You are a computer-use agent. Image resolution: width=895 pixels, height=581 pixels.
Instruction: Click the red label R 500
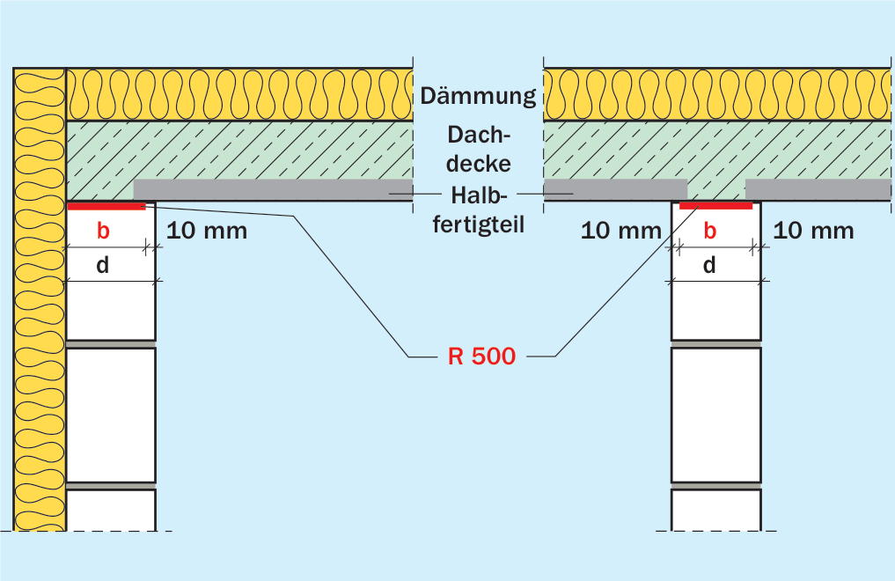481,357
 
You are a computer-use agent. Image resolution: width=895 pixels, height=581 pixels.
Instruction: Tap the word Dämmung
479,95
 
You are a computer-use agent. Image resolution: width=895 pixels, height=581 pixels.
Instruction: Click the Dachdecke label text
479,149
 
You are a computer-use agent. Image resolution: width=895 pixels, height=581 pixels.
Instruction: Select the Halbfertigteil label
479,210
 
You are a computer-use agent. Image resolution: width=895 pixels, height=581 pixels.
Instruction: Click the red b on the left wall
103,231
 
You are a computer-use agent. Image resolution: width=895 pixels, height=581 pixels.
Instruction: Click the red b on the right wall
709,231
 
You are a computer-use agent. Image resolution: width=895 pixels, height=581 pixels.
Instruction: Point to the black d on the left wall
103,265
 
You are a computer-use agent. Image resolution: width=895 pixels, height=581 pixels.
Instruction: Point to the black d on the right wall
709,265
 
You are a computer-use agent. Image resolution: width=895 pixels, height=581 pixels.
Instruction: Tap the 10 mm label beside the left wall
207,232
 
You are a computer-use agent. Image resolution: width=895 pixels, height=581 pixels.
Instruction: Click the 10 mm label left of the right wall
621,232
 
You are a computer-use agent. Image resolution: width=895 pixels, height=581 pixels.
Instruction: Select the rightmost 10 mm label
813,232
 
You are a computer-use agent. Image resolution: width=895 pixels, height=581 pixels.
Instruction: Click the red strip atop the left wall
106,206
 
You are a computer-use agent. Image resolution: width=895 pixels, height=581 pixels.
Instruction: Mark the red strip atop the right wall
715,205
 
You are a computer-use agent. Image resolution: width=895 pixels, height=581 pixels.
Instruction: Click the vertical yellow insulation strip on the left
40,299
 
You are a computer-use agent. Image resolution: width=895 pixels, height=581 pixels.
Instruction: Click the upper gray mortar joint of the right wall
715,344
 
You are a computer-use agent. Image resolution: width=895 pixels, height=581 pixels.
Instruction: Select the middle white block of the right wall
715,416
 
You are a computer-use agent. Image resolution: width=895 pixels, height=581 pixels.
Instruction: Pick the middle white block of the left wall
111,416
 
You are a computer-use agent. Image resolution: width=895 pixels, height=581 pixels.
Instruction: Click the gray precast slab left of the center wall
615,189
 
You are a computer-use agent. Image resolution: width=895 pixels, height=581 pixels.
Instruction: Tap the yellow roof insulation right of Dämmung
717,95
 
